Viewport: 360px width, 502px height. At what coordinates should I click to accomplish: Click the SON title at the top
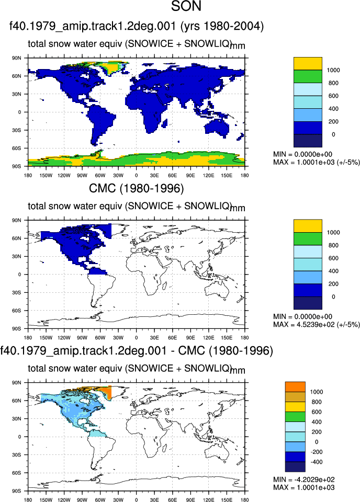[x=186, y=6]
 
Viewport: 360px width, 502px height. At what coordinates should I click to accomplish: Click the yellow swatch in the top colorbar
[x=308, y=64]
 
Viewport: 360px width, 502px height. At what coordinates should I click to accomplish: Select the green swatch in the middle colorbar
[x=308, y=239]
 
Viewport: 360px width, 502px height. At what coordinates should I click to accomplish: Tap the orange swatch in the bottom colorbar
[x=295, y=387]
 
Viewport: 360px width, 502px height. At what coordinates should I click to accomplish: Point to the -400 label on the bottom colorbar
[x=317, y=462]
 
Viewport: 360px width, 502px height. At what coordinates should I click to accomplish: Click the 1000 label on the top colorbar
[x=333, y=70]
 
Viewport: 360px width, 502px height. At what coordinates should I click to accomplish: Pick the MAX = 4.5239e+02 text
[x=317, y=325]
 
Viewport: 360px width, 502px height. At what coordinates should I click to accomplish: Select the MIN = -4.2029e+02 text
[x=304, y=480]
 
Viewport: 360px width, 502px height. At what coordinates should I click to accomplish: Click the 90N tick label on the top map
[x=17, y=58]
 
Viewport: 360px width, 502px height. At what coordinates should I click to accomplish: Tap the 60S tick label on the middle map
[x=17, y=311]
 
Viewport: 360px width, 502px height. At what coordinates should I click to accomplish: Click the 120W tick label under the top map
[x=64, y=176]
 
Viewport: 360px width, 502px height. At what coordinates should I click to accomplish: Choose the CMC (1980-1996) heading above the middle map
[x=137, y=189]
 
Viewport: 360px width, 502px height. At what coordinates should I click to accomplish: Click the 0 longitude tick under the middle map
[x=137, y=337]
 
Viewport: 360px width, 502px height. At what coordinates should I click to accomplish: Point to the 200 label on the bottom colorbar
[x=317, y=432]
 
